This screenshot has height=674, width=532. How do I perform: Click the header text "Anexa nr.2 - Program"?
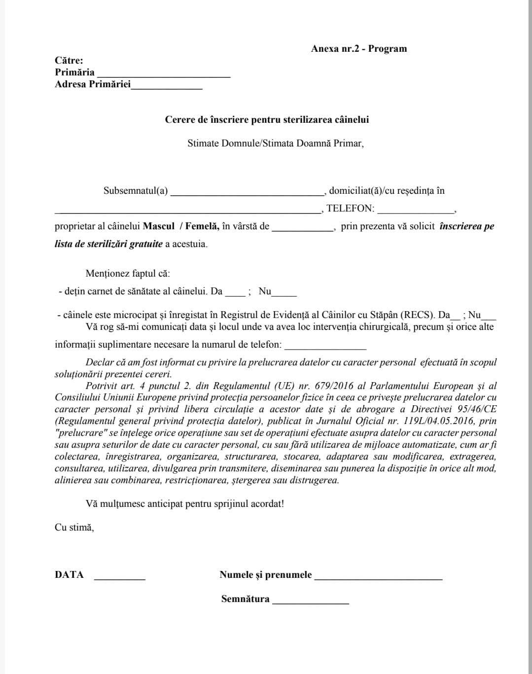pos(359,48)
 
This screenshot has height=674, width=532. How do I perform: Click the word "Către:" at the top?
pos(69,61)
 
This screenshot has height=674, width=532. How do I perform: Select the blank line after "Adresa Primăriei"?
pos(167,86)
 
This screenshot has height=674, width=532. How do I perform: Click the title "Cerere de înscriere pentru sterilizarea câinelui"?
pos(267,120)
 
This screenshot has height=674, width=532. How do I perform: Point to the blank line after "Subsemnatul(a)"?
pos(247,193)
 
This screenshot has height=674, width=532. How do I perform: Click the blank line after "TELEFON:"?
pos(415,211)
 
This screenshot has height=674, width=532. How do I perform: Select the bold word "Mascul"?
pos(159,226)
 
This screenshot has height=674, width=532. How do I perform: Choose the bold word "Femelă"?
pos(202,226)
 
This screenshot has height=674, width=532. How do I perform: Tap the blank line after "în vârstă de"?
pos(303,228)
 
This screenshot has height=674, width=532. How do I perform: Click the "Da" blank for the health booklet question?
pos(235,293)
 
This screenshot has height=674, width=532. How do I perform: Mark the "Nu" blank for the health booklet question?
pos(284,293)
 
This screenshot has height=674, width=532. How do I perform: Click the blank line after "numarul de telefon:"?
pos(325,347)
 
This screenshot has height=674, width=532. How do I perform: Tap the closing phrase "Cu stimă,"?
pos(74,527)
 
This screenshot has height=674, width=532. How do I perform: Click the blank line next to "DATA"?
pos(120,577)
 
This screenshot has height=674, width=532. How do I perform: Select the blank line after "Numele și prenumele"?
pos(378,577)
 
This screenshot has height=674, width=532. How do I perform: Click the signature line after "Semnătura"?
pos(311,602)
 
